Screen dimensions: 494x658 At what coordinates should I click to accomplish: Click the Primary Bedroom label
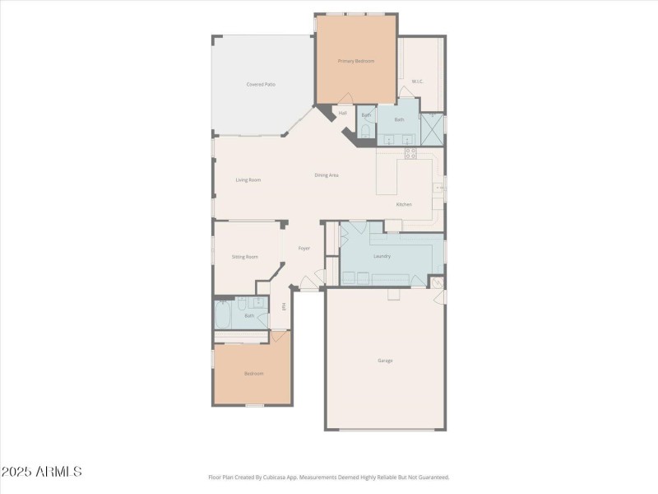pyautogui.click(x=356, y=62)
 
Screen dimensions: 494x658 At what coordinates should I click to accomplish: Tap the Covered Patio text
pyautogui.click(x=261, y=84)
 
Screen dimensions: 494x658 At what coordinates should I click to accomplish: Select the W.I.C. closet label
pyautogui.click(x=417, y=81)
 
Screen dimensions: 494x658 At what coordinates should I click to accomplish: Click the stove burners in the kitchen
pyautogui.click(x=410, y=153)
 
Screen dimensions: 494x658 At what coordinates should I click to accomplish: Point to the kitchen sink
pyautogui.click(x=440, y=188)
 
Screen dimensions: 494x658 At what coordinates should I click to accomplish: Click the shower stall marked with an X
pyautogui.click(x=432, y=128)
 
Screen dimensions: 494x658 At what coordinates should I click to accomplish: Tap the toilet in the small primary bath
pyautogui.click(x=366, y=132)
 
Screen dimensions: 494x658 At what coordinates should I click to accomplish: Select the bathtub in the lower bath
pyautogui.click(x=224, y=315)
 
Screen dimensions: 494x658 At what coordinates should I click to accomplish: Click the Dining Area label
pyautogui.click(x=327, y=175)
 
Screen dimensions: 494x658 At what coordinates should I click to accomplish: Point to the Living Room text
pyautogui.click(x=248, y=179)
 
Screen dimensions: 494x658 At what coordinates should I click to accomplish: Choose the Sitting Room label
pyautogui.click(x=244, y=256)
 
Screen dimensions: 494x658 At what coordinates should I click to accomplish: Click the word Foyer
pyautogui.click(x=304, y=248)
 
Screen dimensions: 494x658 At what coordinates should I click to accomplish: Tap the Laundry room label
pyautogui.click(x=382, y=256)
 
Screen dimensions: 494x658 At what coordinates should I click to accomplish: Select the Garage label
pyautogui.click(x=385, y=360)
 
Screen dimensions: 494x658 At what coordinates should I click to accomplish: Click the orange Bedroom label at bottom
pyautogui.click(x=253, y=374)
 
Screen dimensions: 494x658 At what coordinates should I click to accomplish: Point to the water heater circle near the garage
pyautogui.click(x=437, y=284)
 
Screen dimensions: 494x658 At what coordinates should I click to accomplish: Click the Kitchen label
pyautogui.click(x=404, y=204)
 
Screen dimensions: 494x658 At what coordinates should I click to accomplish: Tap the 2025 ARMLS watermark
pyautogui.click(x=41, y=472)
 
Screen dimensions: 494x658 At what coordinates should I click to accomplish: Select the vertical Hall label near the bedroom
pyautogui.click(x=284, y=306)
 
